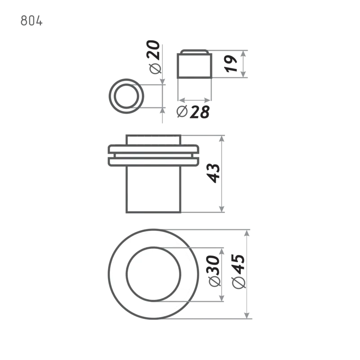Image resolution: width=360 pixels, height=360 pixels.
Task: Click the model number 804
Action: pos(31,21)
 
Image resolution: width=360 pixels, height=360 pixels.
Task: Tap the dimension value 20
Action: pos(153,50)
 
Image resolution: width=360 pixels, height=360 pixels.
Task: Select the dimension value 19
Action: pos(231,63)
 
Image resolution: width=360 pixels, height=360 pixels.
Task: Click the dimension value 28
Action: pos(200,112)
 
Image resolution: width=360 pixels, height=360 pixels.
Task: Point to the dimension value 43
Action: pos(213,173)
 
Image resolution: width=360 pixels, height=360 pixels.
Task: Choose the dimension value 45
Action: pos(238,264)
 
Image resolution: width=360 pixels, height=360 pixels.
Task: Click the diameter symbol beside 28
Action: pos(182,111)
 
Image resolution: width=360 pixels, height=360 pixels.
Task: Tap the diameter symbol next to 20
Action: pos(155,68)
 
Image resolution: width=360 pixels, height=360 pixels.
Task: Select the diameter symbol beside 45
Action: pos(239,283)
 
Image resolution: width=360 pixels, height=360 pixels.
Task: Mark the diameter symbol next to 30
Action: pos(215,281)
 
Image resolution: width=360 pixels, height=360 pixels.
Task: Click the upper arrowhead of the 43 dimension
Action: pos(221,139)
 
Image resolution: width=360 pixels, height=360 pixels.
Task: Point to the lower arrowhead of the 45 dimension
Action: pos(247,315)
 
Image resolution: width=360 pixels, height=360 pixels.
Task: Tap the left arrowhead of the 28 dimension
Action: pos(182,100)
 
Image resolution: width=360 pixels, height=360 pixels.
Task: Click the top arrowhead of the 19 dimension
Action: pos(243,54)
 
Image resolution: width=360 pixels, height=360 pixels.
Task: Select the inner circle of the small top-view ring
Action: pos(126,96)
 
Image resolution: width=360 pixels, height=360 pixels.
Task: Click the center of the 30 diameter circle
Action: pos(153,274)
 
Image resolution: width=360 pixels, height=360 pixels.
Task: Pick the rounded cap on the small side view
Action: pos(194,52)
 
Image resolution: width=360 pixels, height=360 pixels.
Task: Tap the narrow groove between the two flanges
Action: pos(153,155)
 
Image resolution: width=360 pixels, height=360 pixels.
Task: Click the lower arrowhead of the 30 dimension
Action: pos(221,298)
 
